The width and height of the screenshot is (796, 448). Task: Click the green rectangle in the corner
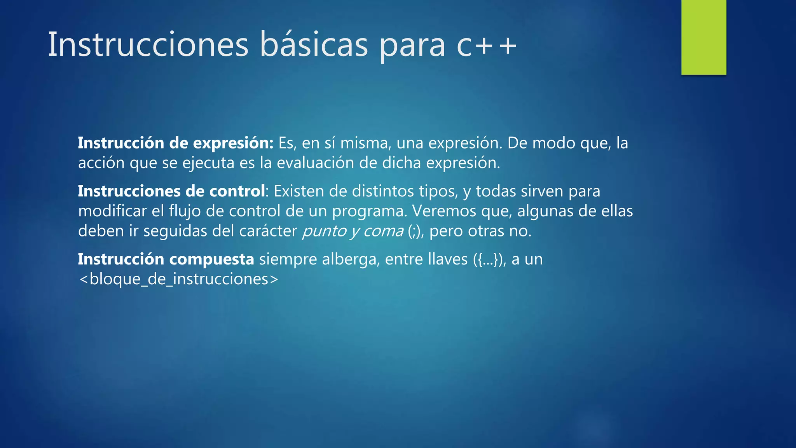[x=703, y=37]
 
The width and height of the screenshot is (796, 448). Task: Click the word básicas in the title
[x=313, y=45]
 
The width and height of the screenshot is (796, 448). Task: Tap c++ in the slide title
[x=486, y=45]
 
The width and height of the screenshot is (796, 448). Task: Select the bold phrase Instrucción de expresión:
[x=176, y=143]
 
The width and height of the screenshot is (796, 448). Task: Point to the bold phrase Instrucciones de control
[x=171, y=191]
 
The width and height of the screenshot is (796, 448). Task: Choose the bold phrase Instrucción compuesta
[x=166, y=259]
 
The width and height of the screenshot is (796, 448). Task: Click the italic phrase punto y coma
[x=353, y=231]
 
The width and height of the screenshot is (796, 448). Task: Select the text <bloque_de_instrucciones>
[x=178, y=279]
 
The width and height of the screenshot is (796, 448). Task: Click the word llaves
[x=448, y=259]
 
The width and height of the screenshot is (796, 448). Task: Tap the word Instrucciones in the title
[x=148, y=45]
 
